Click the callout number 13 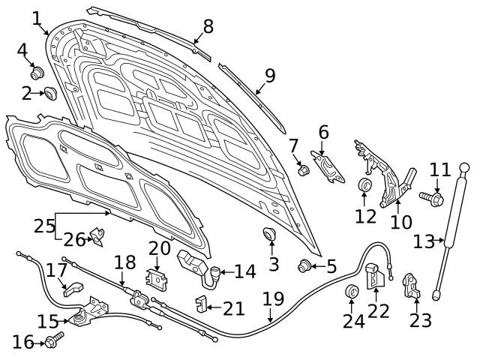(424, 241)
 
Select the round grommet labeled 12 (365, 185)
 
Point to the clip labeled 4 (36, 73)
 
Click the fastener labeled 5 (305, 264)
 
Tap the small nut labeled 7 (304, 170)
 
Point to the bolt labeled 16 (52, 342)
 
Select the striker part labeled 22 (375, 276)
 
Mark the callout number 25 (44, 224)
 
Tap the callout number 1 (36, 16)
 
